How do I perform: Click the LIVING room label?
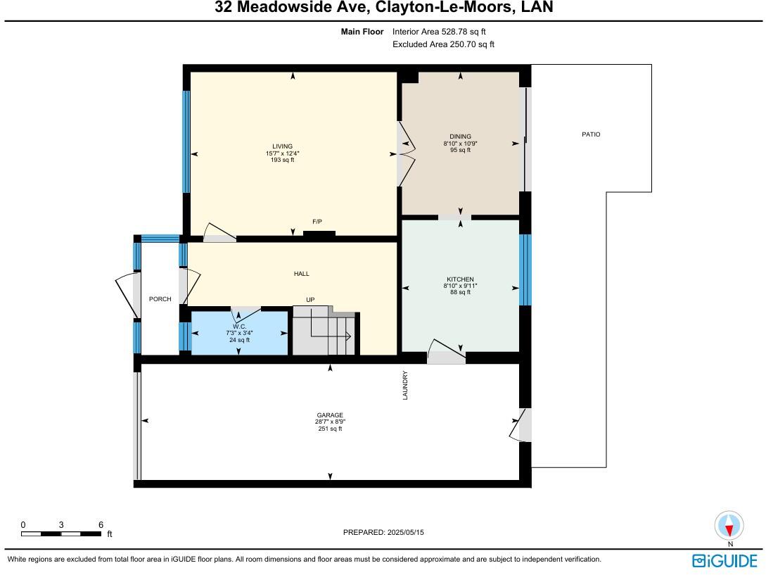pyautogui.click(x=283, y=146)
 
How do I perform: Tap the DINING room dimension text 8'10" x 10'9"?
pyautogui.click(x=461, y=144)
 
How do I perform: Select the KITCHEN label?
pyautogui.click(x=460, y=279)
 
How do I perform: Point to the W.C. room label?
pyautogui.click(x=239, y=326)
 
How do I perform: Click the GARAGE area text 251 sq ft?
pyautogui.click(x=330, y=429)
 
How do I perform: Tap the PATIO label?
pyautogui.click(x=591, y=134)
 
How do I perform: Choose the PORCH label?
pyautogui.click(x=160, y=299)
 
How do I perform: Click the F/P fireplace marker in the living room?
pyautogui.click(x=317, y=222)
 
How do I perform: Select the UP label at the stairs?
pyautogui.click(x=310, y=300)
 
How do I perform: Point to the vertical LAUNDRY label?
pyautogui.click(x=405, y=386)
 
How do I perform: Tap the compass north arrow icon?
pyautogui.click(x=729, y=526)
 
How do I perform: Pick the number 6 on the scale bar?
pyautogui.click(x=101, y=525)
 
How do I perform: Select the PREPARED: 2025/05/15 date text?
pyautogui.click(x=383, y=533)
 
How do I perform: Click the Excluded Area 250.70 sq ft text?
pyautogui.click(x=443, y=44)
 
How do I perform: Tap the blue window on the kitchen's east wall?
pyautogui.click(x=525, y=270)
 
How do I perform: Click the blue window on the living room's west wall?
pyautogui.click(x=186, y=141)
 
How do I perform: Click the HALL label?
pyautogui.click(x=301, y=274)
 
